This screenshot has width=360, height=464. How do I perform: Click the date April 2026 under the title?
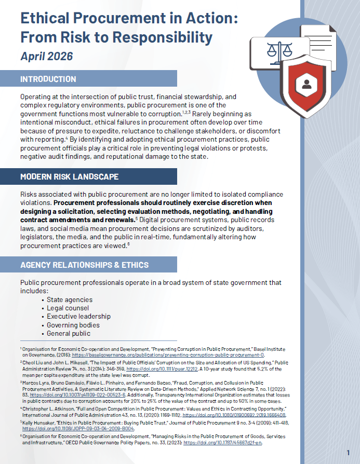click(x=46, y=56)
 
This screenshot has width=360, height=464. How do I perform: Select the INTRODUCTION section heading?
click(x=48, y=79)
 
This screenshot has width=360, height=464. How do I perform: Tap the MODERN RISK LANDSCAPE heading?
click(x=69, y=176)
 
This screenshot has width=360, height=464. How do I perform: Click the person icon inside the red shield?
click(x=306, y=84)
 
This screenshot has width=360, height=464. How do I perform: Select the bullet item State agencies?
click(x=70, y=299)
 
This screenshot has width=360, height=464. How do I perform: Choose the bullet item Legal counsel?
click(x=68, y=308)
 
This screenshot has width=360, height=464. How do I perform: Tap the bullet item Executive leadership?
click(x=78, y=316)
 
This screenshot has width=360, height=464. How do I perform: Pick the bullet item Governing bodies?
click(x=73, y=325)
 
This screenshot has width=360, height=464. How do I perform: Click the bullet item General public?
click(x=69, y=333)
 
